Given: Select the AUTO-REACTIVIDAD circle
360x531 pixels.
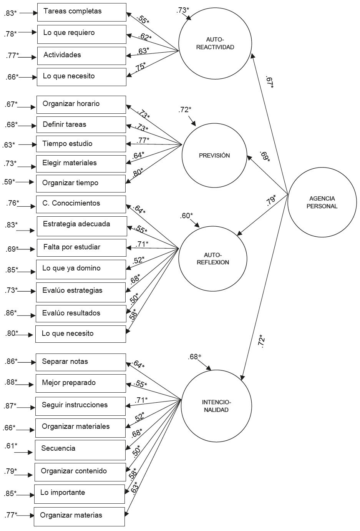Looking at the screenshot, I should (x=215, y=43).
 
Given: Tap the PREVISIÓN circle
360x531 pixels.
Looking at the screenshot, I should (x=214, y=156).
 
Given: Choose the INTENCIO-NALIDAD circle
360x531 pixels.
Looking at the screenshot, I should (x=216, y=406).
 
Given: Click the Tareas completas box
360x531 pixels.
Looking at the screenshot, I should (x=81, y=12).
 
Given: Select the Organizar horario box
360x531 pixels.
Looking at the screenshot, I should (x=81, y=104).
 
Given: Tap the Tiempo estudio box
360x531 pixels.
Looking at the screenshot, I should (x=81, y=144).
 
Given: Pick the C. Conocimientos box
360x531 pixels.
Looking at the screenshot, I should (x=81, y=204).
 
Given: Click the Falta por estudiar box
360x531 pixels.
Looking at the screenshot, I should (x=81, y=247).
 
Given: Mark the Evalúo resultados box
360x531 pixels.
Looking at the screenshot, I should (x=81, y=314).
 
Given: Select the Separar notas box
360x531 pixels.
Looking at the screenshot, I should (x=81, y=362).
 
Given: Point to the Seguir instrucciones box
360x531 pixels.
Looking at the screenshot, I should (x=81, y=405).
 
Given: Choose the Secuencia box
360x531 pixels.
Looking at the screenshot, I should (x=80, y=449).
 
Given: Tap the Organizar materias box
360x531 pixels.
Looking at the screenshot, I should (x=80, y=516).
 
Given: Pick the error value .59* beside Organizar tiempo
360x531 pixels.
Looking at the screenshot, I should (x=8, y=182).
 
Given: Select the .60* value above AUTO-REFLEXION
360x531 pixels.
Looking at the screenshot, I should (x=186, y=216).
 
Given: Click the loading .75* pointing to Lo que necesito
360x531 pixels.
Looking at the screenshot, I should (x=140, y=67).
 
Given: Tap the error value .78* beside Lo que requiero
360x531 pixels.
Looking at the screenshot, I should (x=10, y=34).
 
